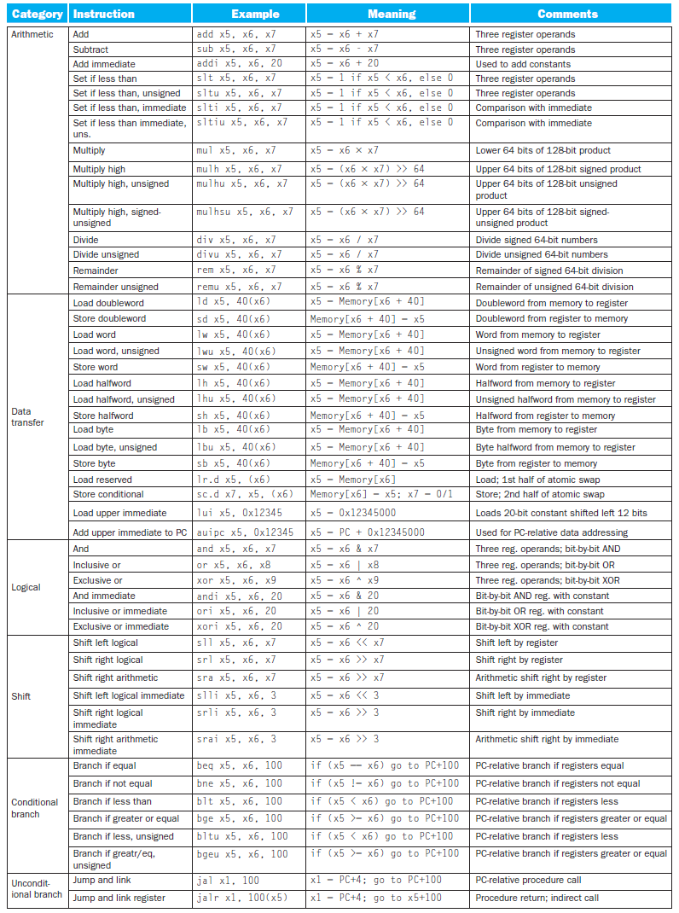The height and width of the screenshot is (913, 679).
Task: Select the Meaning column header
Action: click(392, 15)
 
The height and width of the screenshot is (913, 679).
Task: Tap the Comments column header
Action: click(567, 15)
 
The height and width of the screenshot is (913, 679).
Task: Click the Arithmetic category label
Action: click(32, 35)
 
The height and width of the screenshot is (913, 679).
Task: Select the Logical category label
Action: click(26, 587)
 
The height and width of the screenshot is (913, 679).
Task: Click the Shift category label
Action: click(21, 696)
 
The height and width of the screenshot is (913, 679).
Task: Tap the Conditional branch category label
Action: click(35, 808)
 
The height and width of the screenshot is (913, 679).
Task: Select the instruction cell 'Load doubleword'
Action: click(108, 303)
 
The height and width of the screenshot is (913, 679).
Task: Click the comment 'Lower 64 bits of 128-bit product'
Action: click(543, 150)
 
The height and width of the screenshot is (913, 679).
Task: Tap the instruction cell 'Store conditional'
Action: click(108, 494)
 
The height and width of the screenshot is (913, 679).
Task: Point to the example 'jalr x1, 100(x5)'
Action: click(241, 898)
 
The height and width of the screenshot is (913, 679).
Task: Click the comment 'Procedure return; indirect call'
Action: click(537, 898)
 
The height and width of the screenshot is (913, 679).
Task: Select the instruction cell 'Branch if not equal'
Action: click(113, 783)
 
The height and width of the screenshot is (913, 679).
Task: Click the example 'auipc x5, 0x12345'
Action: click(245, 532)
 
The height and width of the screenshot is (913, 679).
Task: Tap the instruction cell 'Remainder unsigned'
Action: click(115, 287)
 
